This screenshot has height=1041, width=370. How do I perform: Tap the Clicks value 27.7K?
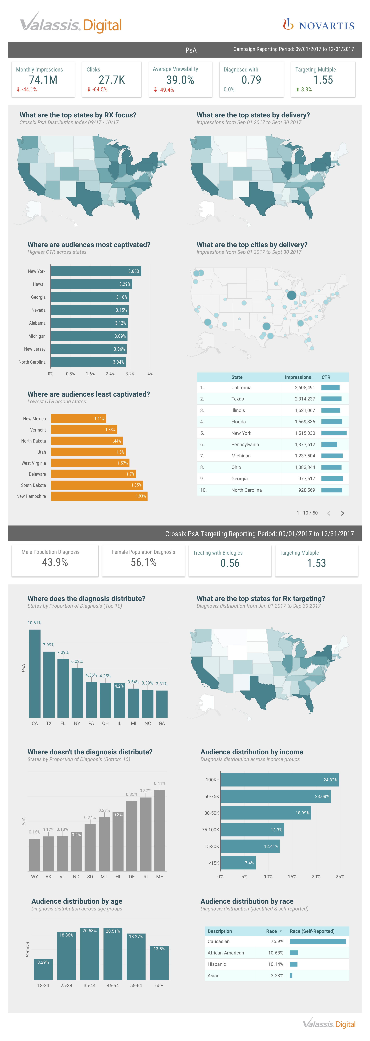[x=112, y=80]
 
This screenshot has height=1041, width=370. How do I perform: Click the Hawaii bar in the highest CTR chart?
[x=91, y=284]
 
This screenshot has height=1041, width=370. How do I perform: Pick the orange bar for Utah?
[x=88, y=452]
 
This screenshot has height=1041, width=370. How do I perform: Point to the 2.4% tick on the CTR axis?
[x=110, y=374]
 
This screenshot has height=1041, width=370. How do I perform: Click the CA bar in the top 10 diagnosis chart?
[x=35, y=673]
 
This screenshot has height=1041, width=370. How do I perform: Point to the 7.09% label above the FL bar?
[x=63, y=652]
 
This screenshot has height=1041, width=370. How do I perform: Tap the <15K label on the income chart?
[x=213, y=863]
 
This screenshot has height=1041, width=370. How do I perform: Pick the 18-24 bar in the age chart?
[x=43, y=969]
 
